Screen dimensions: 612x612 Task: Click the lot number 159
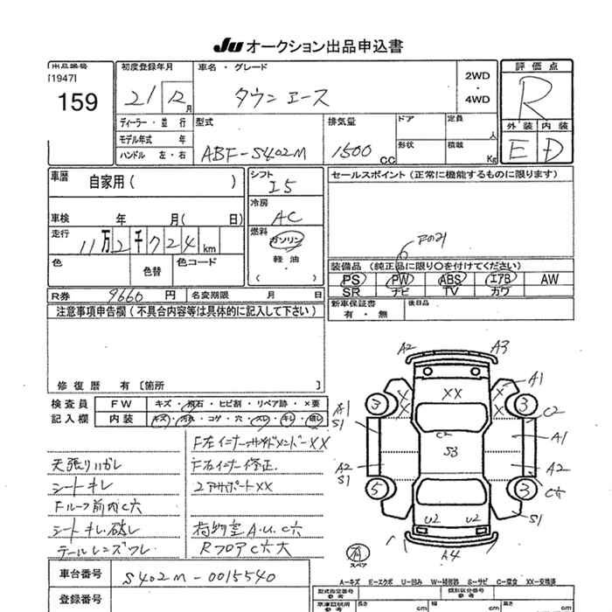pyautogui.click(x=79, y=103)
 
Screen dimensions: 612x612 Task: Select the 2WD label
pyautogui.click(x=477, y=76)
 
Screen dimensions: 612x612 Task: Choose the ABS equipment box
pyautogui.click(x=450, y=279)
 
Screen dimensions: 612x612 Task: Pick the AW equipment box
pyautogui.click(x=548, y=279)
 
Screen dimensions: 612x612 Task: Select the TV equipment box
pyautogui.click(x=450, y=291)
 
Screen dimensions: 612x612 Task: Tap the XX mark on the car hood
pyautogui.click(x=452, y=394)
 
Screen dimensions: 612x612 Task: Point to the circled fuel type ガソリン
pyautogui.click(x=286, y=240)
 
